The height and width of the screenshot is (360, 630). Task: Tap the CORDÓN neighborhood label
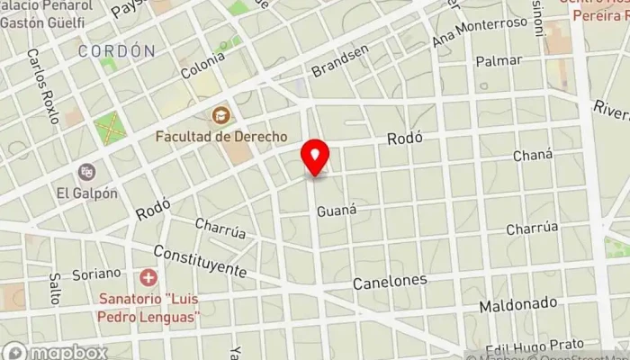click(x=116, y=51)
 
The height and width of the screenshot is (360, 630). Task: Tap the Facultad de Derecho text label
click(x=220, y=136)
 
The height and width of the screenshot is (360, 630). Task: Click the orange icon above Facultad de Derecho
click(x=220, y=115)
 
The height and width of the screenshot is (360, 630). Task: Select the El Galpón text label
click(x=86, y=192)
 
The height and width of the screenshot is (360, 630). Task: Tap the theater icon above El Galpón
click(x=86, y=171)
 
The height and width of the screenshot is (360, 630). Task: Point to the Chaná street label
click(x=532, y=155)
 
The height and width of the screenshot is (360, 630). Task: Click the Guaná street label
click(x=337, y=210)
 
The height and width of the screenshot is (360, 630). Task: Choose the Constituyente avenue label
click(x=199, y=261)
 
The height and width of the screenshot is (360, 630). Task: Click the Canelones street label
click(x=389, y=282)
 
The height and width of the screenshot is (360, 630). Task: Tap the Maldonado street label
click(x=517, y=305)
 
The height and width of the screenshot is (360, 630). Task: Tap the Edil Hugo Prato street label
click(x=538, y=345)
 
